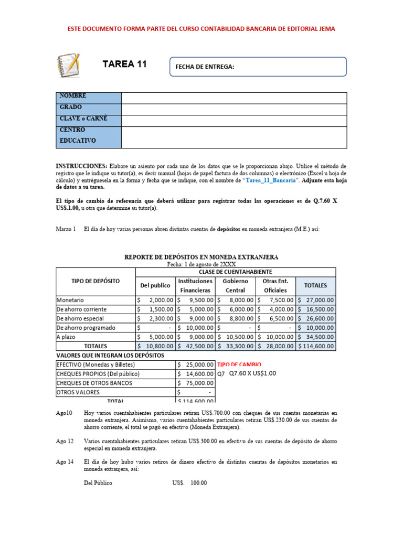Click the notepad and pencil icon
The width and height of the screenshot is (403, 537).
68,65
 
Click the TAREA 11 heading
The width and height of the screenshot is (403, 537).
124,65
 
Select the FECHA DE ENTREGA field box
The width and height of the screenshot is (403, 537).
258,67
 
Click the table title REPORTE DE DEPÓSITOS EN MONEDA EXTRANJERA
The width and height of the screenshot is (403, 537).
201,257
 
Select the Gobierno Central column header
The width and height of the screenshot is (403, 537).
235,285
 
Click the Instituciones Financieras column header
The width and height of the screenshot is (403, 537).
195,285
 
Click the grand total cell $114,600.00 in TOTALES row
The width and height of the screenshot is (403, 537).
315,347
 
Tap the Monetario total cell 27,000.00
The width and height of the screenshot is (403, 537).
315,300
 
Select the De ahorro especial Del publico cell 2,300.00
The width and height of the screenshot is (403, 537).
155,318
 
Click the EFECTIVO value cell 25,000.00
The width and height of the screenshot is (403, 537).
195,364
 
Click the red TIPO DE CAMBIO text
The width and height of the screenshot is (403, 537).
239,364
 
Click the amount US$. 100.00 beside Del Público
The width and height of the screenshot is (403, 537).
189,483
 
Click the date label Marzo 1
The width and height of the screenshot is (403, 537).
66,229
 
